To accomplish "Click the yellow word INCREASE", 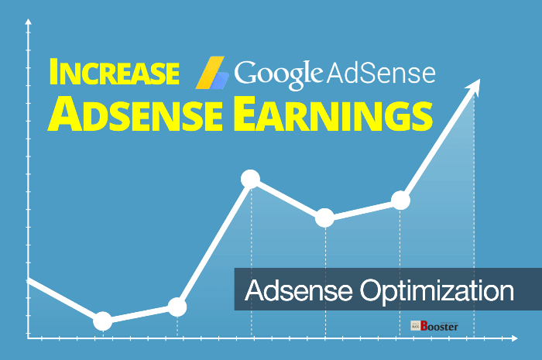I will coord(111,74).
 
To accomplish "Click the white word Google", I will coord(278,74).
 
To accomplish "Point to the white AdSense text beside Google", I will coord(381,74).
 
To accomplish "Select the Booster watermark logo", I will coord(434,326).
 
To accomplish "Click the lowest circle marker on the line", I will coord(102,321).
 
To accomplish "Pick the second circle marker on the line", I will coord(177,307).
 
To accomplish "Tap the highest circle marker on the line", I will coord(250,180).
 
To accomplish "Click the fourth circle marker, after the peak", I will coord(325,218).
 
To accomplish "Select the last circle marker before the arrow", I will coord(400,201).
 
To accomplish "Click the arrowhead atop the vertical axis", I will coord(28,23).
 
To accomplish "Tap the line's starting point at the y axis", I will coord(29,281).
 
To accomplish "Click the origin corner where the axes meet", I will coord(29,337).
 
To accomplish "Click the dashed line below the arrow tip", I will coord(474,232).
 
